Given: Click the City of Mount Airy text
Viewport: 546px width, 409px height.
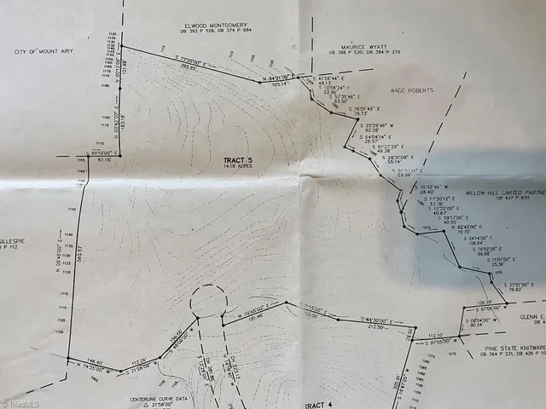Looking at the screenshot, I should pos(44,52).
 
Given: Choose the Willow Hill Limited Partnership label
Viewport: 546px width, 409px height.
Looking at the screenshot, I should pos(503,193).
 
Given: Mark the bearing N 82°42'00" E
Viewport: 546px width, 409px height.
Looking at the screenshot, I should pos(453,227).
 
